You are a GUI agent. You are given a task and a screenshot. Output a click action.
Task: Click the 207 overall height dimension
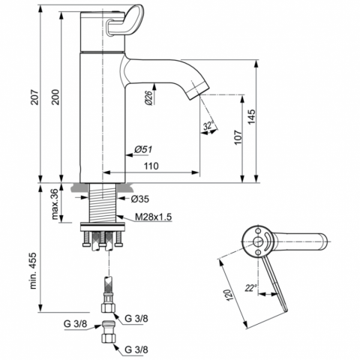coord(35,97)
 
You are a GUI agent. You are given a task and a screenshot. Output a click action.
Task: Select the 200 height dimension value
coord(55,97)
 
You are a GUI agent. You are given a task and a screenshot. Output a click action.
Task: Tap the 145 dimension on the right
coord(252,116)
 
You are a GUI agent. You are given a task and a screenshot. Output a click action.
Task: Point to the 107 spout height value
coord(238,136)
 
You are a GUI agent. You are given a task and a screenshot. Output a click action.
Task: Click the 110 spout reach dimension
coord(151,166)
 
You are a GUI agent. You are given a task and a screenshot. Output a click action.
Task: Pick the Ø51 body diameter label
coord(143,149)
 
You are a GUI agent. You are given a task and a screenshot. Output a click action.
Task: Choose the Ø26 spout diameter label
coord(148,97)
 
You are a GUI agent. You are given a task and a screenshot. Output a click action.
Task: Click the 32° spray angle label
coord(208,125)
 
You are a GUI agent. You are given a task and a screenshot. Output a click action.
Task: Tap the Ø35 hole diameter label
coord(140,199)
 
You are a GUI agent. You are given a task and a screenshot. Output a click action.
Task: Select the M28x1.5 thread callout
coord(153,217)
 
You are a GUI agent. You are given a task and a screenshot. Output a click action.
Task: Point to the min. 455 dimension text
coord(33,271)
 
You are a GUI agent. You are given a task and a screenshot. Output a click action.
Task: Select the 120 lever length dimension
coord(229,295)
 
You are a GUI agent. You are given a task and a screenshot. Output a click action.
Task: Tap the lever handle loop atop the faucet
coord(125,21)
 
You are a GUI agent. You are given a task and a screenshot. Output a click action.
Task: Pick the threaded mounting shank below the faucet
coord(103,202)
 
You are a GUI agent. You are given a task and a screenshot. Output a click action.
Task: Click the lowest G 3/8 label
coord(136,349)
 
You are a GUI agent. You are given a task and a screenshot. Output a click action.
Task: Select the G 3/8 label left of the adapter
coord(75,324)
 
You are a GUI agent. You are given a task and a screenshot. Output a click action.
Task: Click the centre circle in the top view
coord(257,241)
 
